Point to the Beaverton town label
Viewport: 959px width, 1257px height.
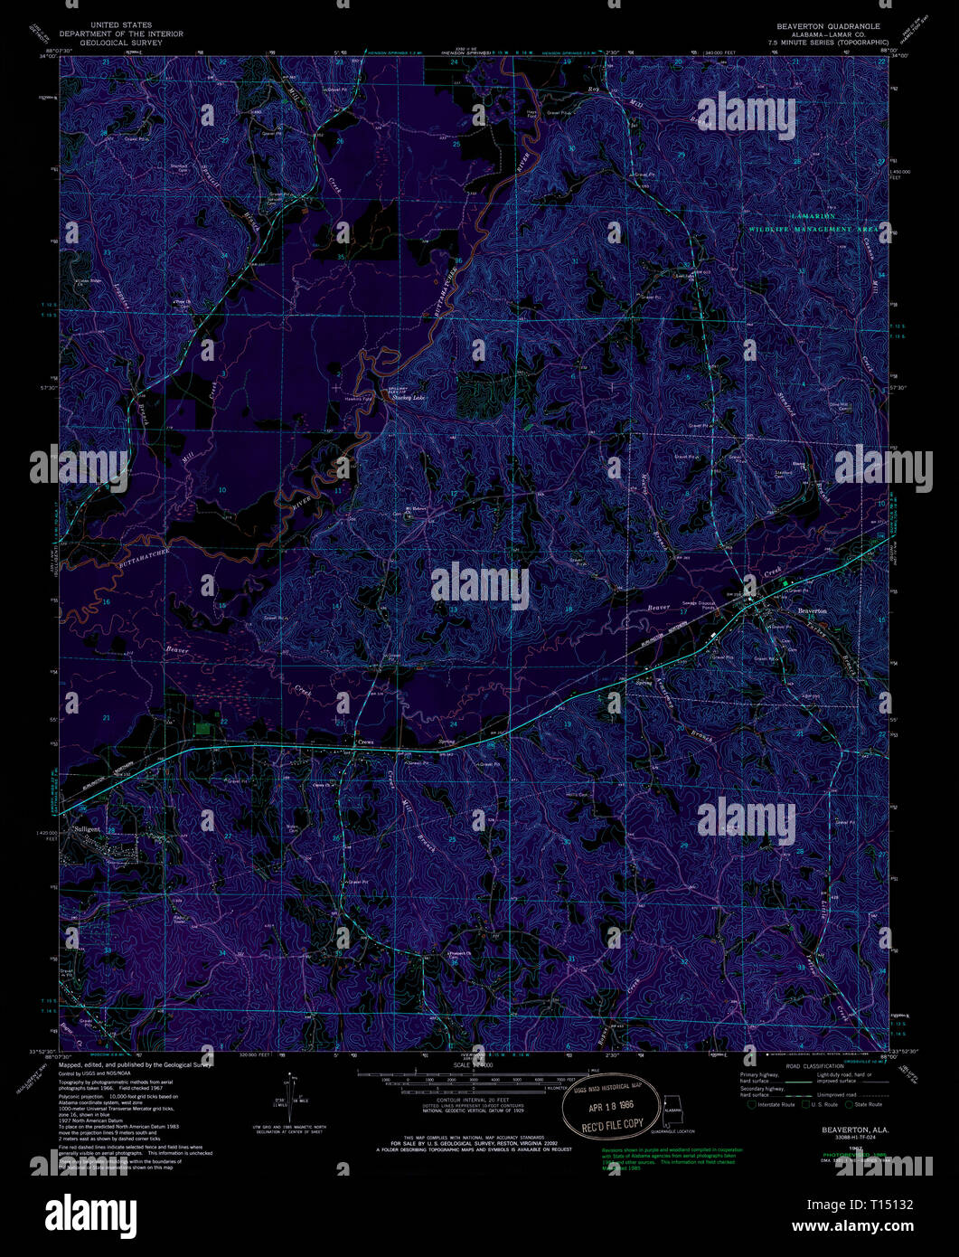point(813,611)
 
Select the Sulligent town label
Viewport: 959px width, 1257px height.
point(87,828)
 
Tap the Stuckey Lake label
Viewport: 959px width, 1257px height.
point(407,397)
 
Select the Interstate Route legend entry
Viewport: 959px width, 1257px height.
point(772,1104)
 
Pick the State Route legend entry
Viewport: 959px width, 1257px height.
point(869,1104)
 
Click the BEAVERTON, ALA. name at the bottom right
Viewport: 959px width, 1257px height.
point(854,1130)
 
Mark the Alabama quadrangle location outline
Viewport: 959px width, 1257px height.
point(672,1109)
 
